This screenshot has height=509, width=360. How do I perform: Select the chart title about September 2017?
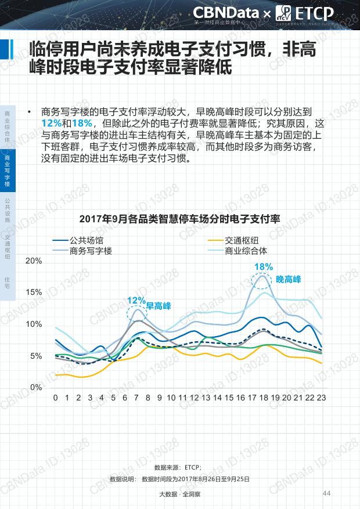click(x=180, y=219)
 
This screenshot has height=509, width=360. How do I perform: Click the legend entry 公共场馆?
click(x=86, y=240)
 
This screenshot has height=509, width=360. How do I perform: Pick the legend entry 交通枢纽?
click(x=242, y=240)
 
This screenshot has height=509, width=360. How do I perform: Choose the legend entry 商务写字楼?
click(x=91, y=251)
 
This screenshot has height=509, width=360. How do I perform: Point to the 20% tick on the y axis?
click(x=34, y=261)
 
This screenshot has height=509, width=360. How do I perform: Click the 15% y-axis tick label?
click(x=34, y=292)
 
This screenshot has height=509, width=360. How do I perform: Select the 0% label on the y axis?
click(x=36, y=387)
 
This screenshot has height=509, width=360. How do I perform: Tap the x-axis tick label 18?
click(x=264, y=398)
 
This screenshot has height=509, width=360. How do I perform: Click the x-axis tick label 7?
click(x=136, y=398)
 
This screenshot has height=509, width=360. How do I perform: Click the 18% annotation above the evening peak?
click(x=264, y=267)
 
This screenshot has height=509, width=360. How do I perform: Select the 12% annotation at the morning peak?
click(x=136, y=300)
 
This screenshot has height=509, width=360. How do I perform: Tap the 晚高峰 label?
click(x=289, y=279)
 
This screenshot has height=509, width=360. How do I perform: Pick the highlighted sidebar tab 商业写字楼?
click(x=7, y=171)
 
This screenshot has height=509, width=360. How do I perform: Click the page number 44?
click(x=326, y=493)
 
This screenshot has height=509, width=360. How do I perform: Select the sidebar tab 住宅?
click(x=7, y=283)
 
